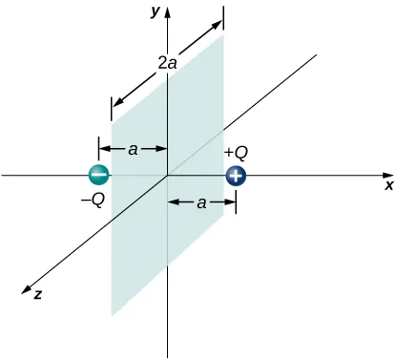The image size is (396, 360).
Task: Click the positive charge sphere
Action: (236, 176)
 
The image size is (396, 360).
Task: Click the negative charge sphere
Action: (98, 176)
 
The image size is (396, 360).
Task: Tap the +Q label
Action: (236, 153)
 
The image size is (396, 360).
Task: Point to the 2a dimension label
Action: (167, 64)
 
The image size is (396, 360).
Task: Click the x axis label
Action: (388, 187)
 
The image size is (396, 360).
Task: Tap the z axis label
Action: (36, 296)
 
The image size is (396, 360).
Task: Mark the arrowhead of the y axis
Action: (168, 12)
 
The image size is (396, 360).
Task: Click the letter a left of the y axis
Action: (134, 149)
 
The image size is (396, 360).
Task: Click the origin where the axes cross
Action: (168, 176)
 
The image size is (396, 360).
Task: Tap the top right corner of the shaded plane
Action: (223, 36)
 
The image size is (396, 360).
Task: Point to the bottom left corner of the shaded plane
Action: (113, 316)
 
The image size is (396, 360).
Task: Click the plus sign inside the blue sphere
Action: (236, 176)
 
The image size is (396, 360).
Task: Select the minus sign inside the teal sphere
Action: (98, 176)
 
